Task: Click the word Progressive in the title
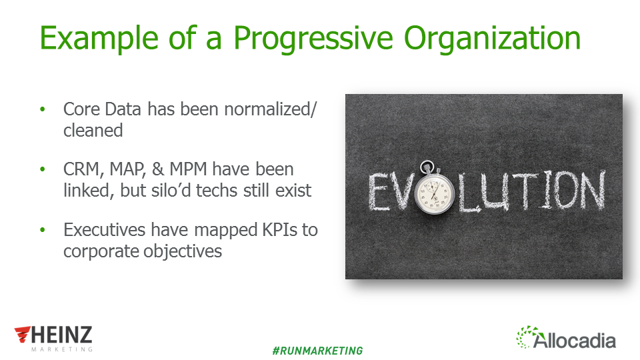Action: coord(313,39)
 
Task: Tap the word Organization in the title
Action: coord(492,39)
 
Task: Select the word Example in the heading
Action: coord(99,39)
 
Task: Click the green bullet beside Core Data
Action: coord(43,109)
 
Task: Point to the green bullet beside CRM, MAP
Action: coord(43,169)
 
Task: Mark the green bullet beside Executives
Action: coord(43,230)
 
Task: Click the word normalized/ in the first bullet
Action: coord(270,109)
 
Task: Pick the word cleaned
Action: coord(93,131)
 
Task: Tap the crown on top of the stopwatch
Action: coord(427,167)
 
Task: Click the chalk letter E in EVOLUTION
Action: coord(379,192)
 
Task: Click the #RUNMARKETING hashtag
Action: coord(317,351)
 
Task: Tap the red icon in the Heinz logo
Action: coord(23,334)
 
